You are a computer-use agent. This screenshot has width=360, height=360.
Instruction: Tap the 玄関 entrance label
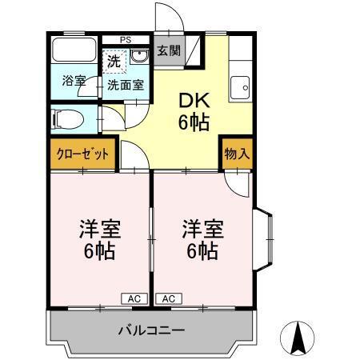tap(167, 51)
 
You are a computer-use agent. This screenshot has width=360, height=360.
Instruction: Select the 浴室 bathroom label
tap(73, 80)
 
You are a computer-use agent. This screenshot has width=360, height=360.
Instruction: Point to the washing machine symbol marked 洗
tap(114, 60)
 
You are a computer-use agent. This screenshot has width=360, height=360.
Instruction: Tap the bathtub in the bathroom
tap(74, 53)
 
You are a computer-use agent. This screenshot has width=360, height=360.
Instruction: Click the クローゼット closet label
tap(82, 154)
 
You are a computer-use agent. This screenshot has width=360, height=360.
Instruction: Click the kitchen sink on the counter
tap(239, 87)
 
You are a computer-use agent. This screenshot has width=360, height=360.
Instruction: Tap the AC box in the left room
tap(134, 298)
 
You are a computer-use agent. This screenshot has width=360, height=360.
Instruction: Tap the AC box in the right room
tap(168, 298)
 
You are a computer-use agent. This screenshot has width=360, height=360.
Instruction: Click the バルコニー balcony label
tap(152, 330)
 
